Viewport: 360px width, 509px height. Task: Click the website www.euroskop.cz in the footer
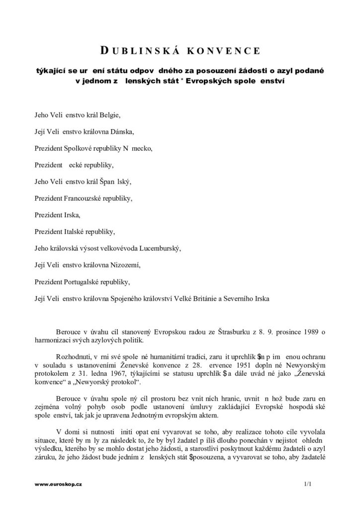[58, 483]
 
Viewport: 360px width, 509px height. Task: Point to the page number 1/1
[306, 483]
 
